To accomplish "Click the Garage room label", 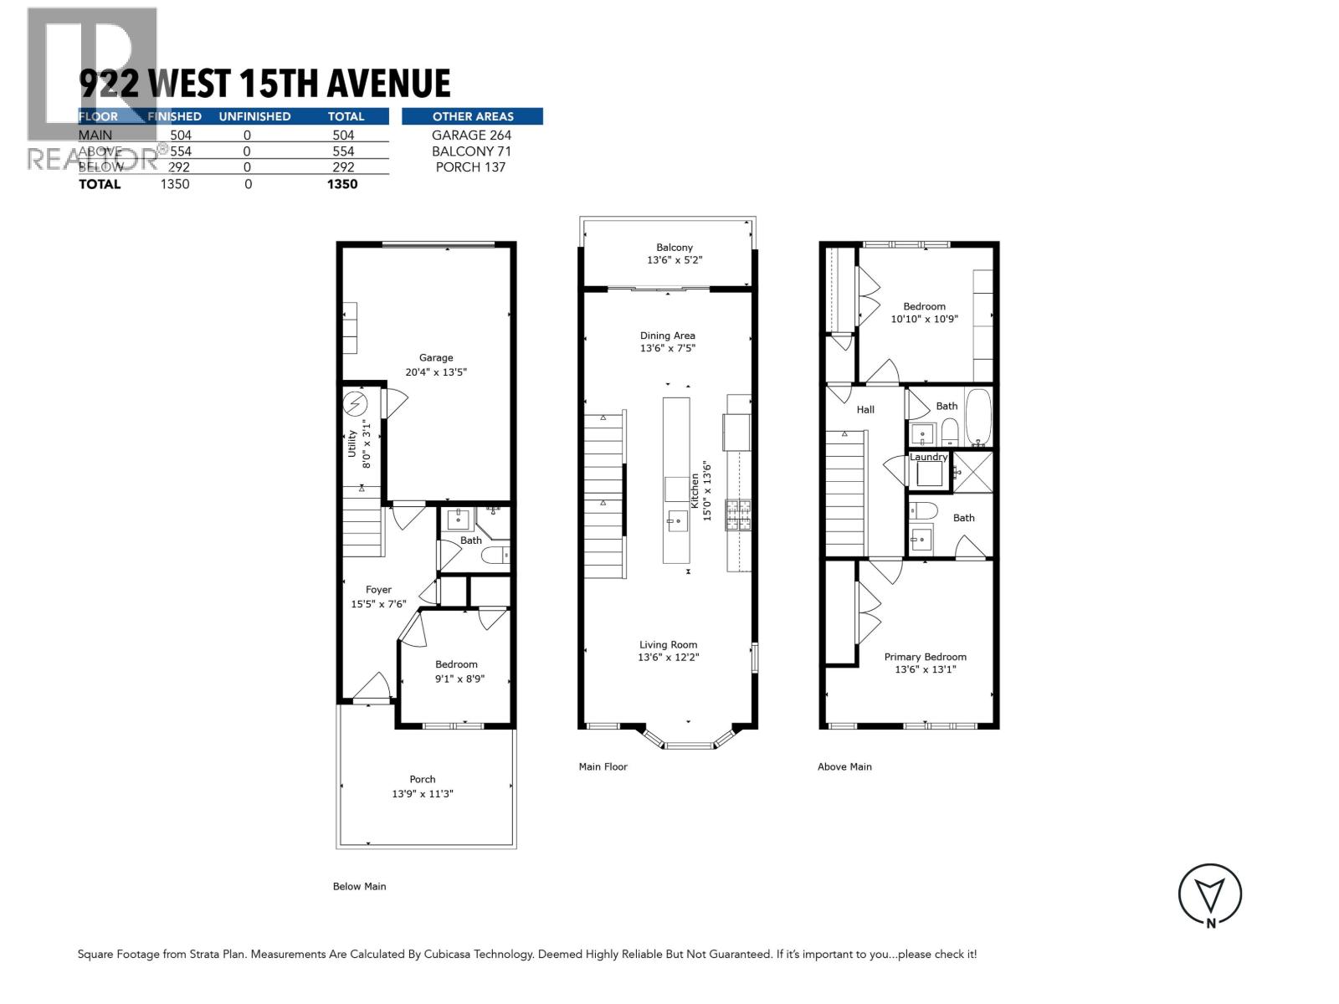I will pos(436,358).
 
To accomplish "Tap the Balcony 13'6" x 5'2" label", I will pos(675,254).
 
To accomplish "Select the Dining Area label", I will pos(667,336).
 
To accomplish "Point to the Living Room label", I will pos(668,645).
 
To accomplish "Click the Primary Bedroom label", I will pos(925,658).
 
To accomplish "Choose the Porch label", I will pos(423,780).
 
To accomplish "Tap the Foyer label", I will pos(378,590).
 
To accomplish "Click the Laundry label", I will pos(928,457).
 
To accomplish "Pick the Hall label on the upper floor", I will pos(865,410).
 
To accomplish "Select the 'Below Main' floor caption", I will pos(360,887).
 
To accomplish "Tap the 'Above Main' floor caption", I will pos(844,766).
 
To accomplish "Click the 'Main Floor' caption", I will pos(603,766).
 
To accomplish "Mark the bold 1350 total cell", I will pos(342,184).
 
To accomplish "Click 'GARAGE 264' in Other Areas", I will pos(471,135).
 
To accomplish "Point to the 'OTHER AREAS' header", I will pos(473,116).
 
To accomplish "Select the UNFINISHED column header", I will pos(254,116).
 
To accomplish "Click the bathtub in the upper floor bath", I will pos(977,416).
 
